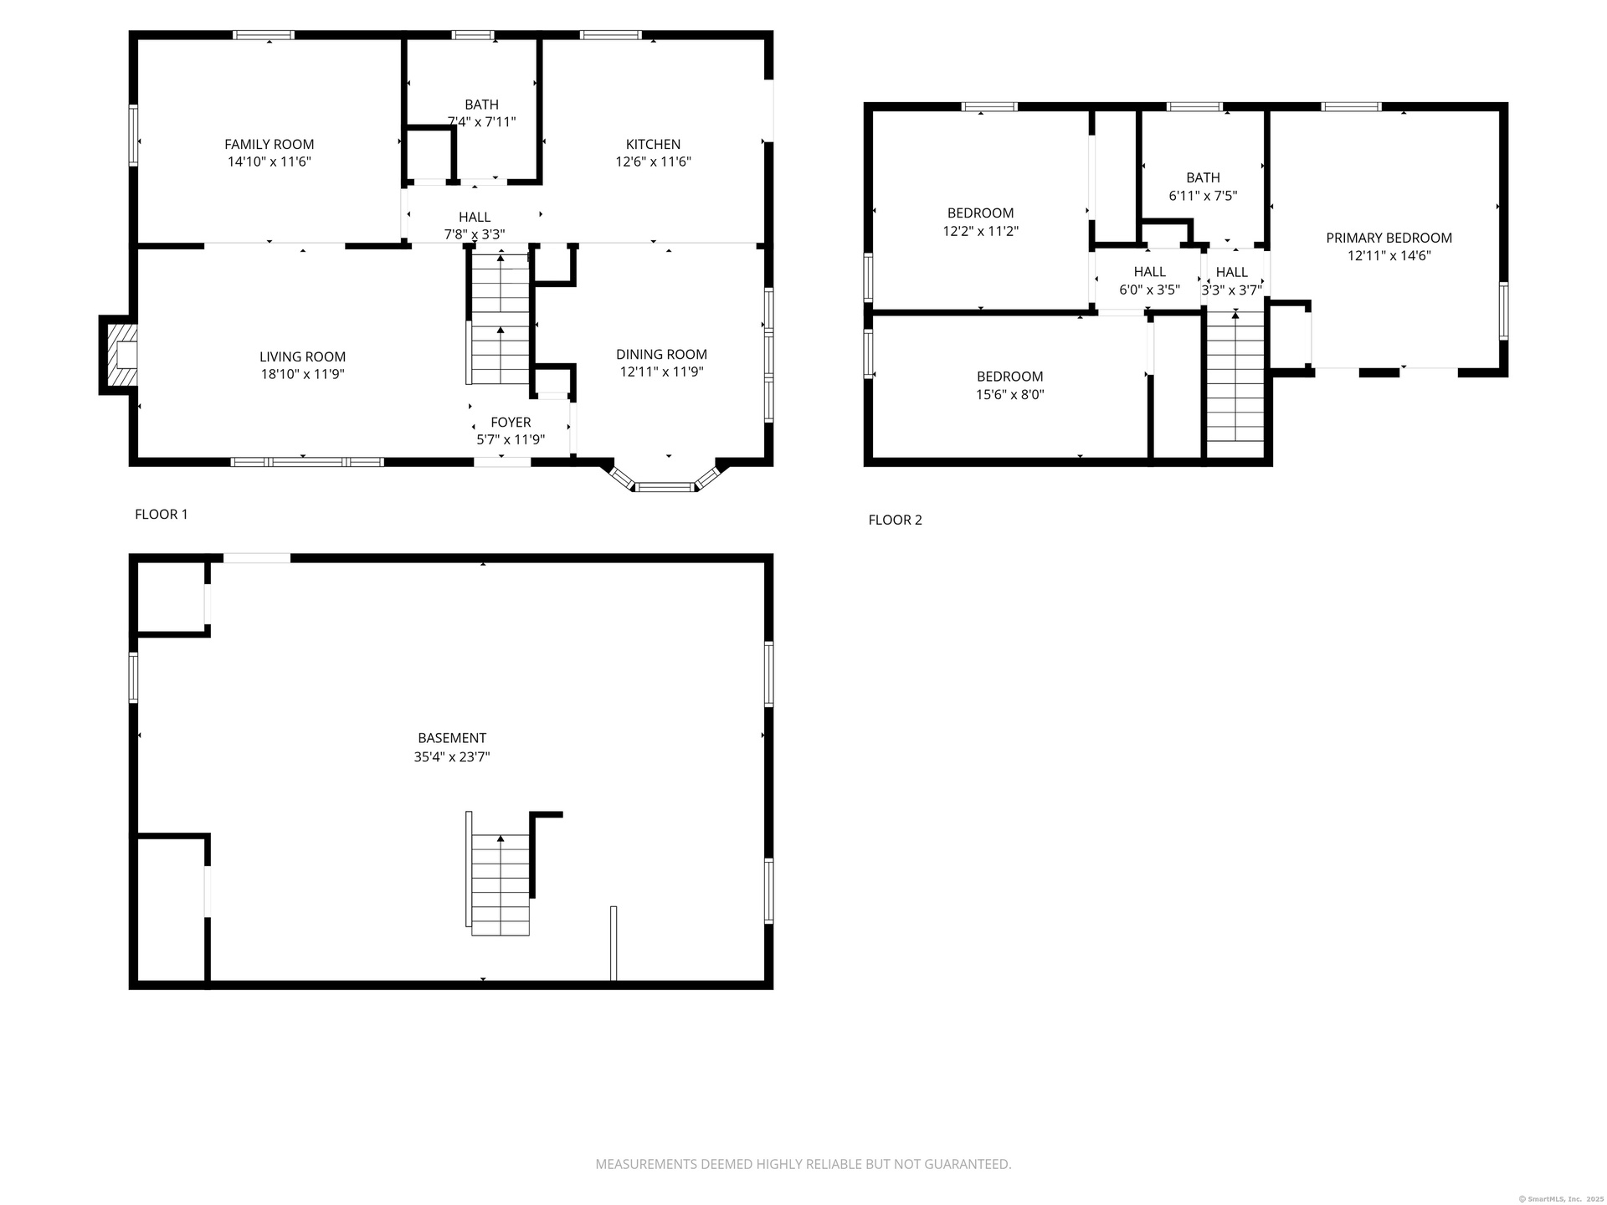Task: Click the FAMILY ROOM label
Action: pyautogui.click(x=269, y=145)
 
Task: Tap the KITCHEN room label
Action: pyautogui.click(x=653, y=145)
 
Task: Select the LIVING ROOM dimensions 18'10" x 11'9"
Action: pyautogui.click(x=302, y=374)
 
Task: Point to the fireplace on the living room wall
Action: pyautogui.click(x=117, y=355)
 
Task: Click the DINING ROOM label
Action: pyautogui.click(x=661, y=355)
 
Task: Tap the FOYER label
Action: pyautogui.click(x=511, y=423)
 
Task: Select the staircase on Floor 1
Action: pyautogui.click(x=500, y=318)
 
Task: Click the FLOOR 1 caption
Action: pyautogui.click(x=162, y=515)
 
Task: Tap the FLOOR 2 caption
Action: pyautogui.click(x=895, y=520)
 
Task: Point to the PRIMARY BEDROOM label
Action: pyautogui.click(x=1389, y=238)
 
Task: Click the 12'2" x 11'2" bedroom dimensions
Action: pyautogui.click(x=980, y=231)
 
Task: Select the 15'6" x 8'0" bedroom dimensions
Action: pyautogui.click(x=1009, y=395)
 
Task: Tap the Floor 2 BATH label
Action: pyautogui.click(x=1203, y=178)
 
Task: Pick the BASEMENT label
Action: pyautogui.click(x=452, y=738)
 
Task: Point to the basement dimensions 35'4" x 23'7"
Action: pyautogui.click(x=452, y=757)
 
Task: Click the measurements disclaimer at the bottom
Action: pyautogui.click(x=803, y=1164)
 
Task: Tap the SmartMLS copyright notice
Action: pyautogui.click(x=1561, y=1199)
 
